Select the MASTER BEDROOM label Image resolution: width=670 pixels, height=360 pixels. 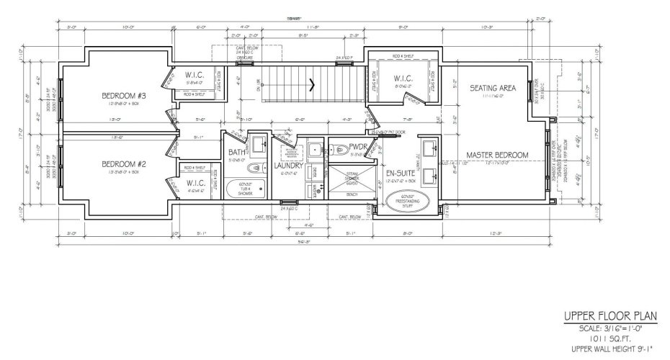tap(497, 155)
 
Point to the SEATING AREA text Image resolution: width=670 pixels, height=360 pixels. tap(493, 88)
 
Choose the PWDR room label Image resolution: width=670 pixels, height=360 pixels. tap(359, 149)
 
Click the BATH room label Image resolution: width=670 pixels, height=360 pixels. tap(237, 152)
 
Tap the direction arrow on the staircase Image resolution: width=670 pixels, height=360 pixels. tap(312, 84)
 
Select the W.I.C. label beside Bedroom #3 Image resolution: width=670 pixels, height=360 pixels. tap(197, 75)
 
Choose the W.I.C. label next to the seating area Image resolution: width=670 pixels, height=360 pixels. tap(401, 78)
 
